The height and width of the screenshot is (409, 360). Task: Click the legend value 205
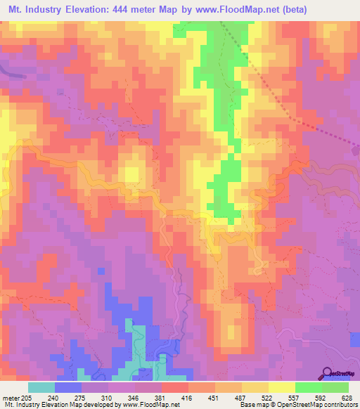pyautogui.click(x=27, y=397)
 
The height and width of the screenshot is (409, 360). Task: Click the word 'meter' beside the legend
pyautogui.click(x=11, y=397)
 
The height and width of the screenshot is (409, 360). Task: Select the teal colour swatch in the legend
pyautogui.click(x=41, y=387)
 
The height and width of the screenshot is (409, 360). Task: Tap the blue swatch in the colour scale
pyautogui.click(x=68, y=387)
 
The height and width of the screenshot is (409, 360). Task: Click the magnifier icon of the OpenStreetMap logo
pyautogui.click(x=327, y=372)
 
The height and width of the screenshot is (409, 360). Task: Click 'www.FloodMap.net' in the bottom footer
pyautogui.click(x=150, y=405)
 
